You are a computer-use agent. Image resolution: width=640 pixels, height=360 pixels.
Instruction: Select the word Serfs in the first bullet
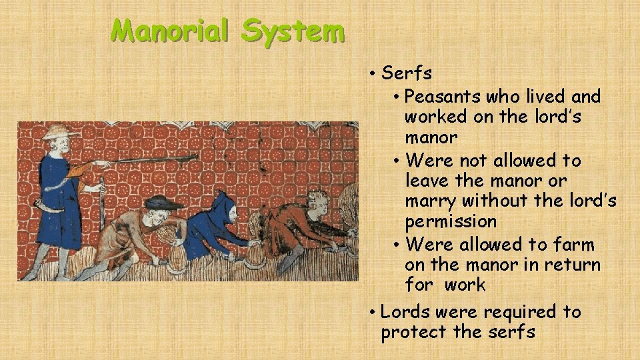click(x=406, y=73)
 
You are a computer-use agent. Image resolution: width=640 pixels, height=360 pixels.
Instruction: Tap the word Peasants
click(x=443, y=97)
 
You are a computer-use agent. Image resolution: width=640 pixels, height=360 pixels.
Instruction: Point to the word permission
click(x=451, y=221)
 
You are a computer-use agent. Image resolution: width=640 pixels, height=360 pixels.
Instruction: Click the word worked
click(x=437, y=117)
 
